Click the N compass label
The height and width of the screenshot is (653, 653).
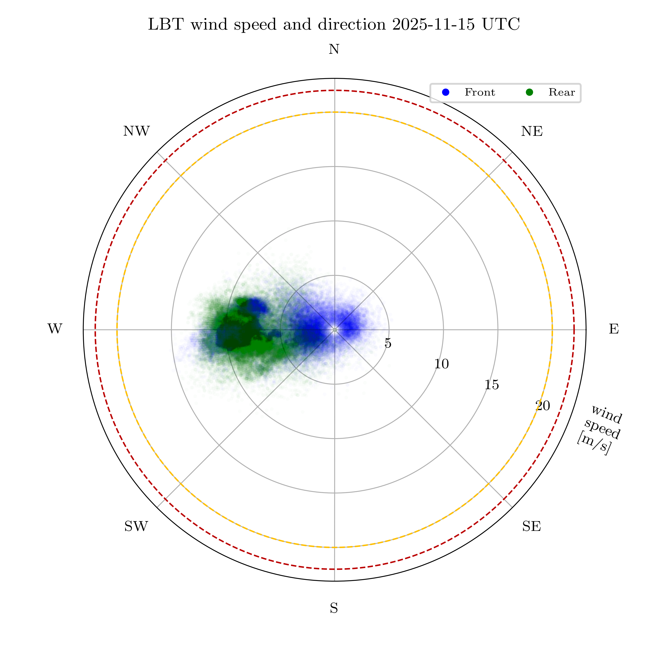(334, 50)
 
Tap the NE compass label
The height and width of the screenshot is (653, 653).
(532, 131)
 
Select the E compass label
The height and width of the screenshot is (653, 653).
(614, 329)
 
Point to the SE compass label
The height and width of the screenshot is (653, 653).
(531, 526)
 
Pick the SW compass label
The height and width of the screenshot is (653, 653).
(136, 526)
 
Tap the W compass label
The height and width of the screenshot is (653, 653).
(55, 329)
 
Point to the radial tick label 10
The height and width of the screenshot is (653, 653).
(441, 364)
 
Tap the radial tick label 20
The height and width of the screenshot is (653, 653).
(543, 406)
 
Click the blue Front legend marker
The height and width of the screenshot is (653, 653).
(446, 92)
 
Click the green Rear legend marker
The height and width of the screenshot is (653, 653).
(529, 92)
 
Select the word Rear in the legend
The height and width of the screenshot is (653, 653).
(561, 92)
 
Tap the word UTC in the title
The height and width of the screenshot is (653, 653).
(501, 25)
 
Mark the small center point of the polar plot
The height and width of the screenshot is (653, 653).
(335, 330)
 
